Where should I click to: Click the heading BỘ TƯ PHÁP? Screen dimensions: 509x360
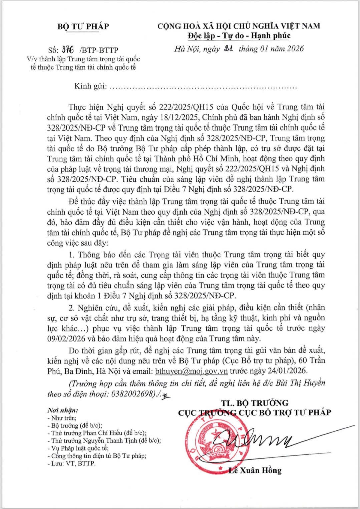pos(83,26)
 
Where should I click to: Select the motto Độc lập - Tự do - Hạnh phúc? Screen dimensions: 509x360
pos(239,36)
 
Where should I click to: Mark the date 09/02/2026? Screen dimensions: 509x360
pos(69,338)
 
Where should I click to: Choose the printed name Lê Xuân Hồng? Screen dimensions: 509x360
pos(255,470)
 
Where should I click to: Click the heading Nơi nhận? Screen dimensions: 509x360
pos(63,410)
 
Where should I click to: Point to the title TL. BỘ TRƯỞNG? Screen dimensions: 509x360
pos(254,403)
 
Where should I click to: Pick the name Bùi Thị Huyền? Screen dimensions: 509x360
pos(300,383)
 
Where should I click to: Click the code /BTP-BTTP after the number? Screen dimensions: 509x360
pos(99,50)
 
